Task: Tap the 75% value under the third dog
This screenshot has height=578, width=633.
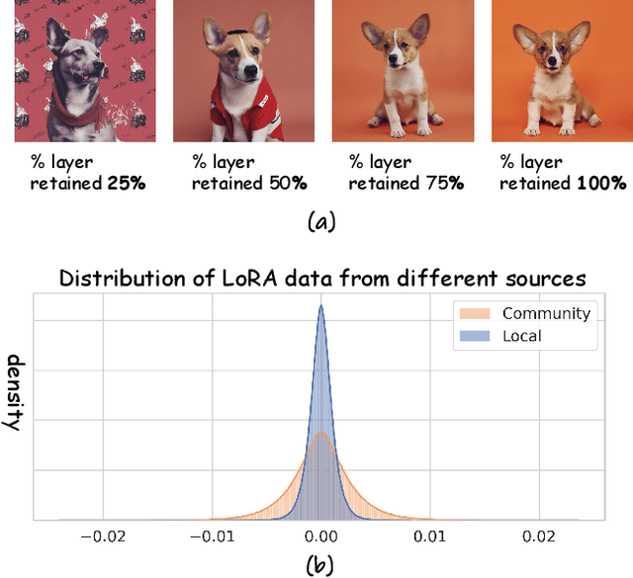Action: tap(448, 183)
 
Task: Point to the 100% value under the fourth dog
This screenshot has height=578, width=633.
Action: tap(602, 183)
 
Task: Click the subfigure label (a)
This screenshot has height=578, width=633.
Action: tap(318, 221)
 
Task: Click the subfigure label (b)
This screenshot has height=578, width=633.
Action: tap(318, 565)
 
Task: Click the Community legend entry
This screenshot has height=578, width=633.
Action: tap(546, 313)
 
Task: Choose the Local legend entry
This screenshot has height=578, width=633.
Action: tap(522, 336)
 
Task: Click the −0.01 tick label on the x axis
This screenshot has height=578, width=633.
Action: tap(211, 537)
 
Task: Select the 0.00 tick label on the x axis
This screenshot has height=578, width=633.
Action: tap(320, 537)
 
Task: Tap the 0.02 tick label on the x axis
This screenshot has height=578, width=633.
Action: tap(540, 537)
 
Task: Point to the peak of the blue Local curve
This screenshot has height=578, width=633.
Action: tap(320, 307)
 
